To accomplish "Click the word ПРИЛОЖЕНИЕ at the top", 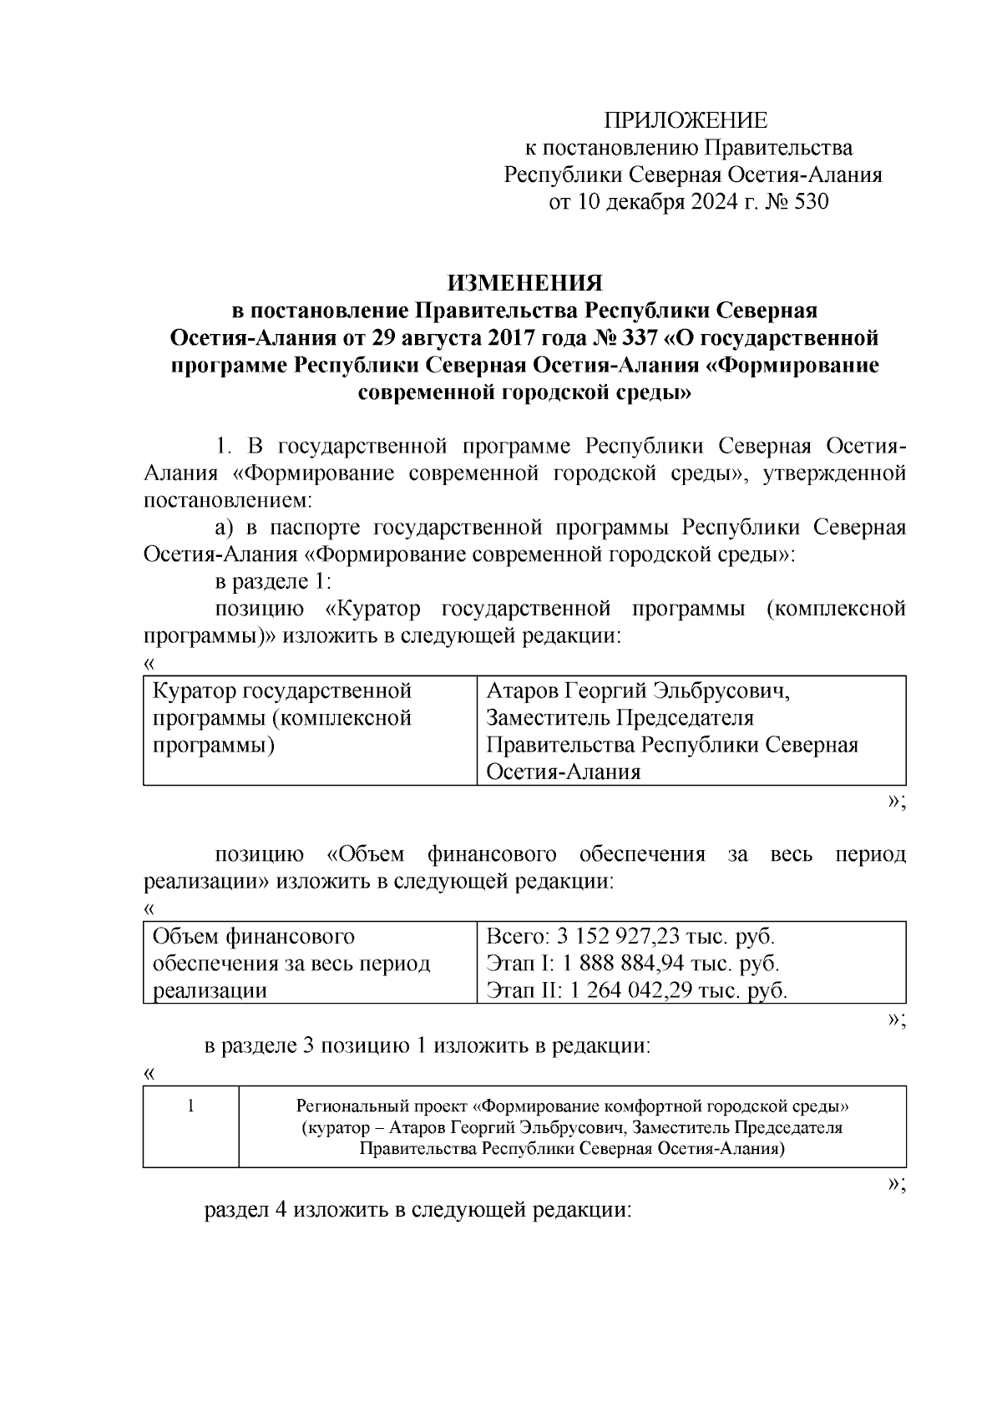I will pyautogui.click(x=686, y=121).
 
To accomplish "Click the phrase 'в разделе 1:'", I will pyautogui.click(x=273, y=582).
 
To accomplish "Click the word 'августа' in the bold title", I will pyautogui.click(x=438, y=338).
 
